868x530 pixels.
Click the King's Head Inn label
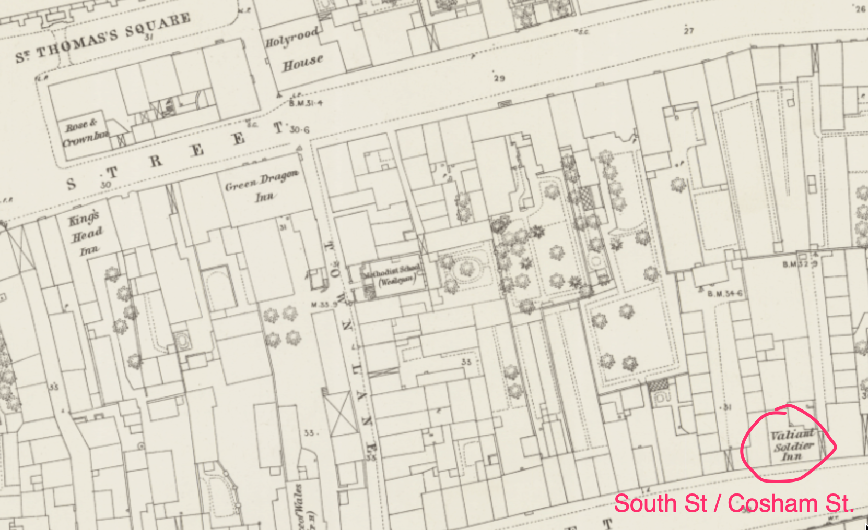click(85, 234)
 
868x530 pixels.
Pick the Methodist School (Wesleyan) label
click(395, 274)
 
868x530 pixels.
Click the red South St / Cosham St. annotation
click(734, 504)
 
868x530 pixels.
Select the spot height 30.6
click(299, 129)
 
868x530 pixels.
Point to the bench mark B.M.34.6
click(724, 294)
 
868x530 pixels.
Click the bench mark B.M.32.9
click(800, 264)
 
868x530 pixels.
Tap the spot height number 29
click(499, 78)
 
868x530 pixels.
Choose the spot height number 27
click(689, 31)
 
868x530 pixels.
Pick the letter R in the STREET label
click(156, 161)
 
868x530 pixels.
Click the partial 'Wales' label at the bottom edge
click(299, 506)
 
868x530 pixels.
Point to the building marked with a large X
click(341, 412)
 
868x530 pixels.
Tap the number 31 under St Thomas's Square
click(149, 37)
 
